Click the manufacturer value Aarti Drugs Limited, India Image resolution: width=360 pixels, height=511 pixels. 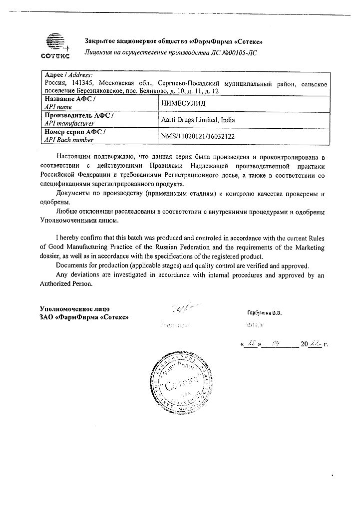click(x=198, y=120)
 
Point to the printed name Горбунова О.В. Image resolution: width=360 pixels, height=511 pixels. click(x=265, y=313)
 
